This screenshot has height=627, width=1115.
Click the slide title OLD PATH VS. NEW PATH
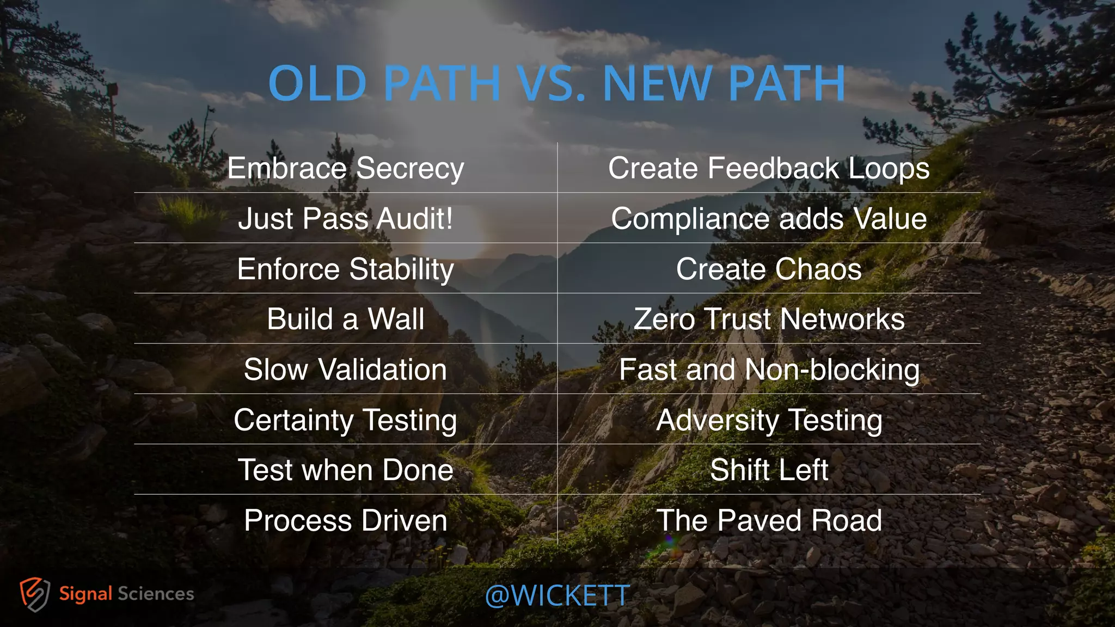(x=557, y=83)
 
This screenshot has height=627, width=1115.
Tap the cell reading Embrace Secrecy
(x=346, y=168)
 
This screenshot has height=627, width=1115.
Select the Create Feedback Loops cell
(x=769, y=168)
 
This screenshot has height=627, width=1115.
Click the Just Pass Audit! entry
(x=346, y=219)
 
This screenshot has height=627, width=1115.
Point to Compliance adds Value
(x=769, y=219)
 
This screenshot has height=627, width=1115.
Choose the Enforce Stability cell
(x=346, y=269)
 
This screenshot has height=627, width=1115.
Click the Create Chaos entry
(x=769, y=269)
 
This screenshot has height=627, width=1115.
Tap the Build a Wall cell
(x=346, y=319)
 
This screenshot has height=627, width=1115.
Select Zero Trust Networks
(x=769, y=319)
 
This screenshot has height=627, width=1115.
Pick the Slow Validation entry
(x=346, y=370)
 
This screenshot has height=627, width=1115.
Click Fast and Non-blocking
(x=769, y=370)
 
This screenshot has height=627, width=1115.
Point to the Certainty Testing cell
(x=346, y=420)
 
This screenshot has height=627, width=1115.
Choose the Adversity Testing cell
(x=769, y=420)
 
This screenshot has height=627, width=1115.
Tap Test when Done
(x=346, y=470)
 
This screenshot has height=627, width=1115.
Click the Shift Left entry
(x=769, y=470)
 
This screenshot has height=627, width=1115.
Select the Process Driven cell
(x=346, y=521)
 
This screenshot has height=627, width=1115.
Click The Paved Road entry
(x=769, y=521)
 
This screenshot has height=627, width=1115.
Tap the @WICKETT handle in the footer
(x=557, y=596)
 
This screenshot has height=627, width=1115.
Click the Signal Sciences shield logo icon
(x=35, y=594)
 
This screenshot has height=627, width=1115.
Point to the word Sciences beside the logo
(x=156, y=594)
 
